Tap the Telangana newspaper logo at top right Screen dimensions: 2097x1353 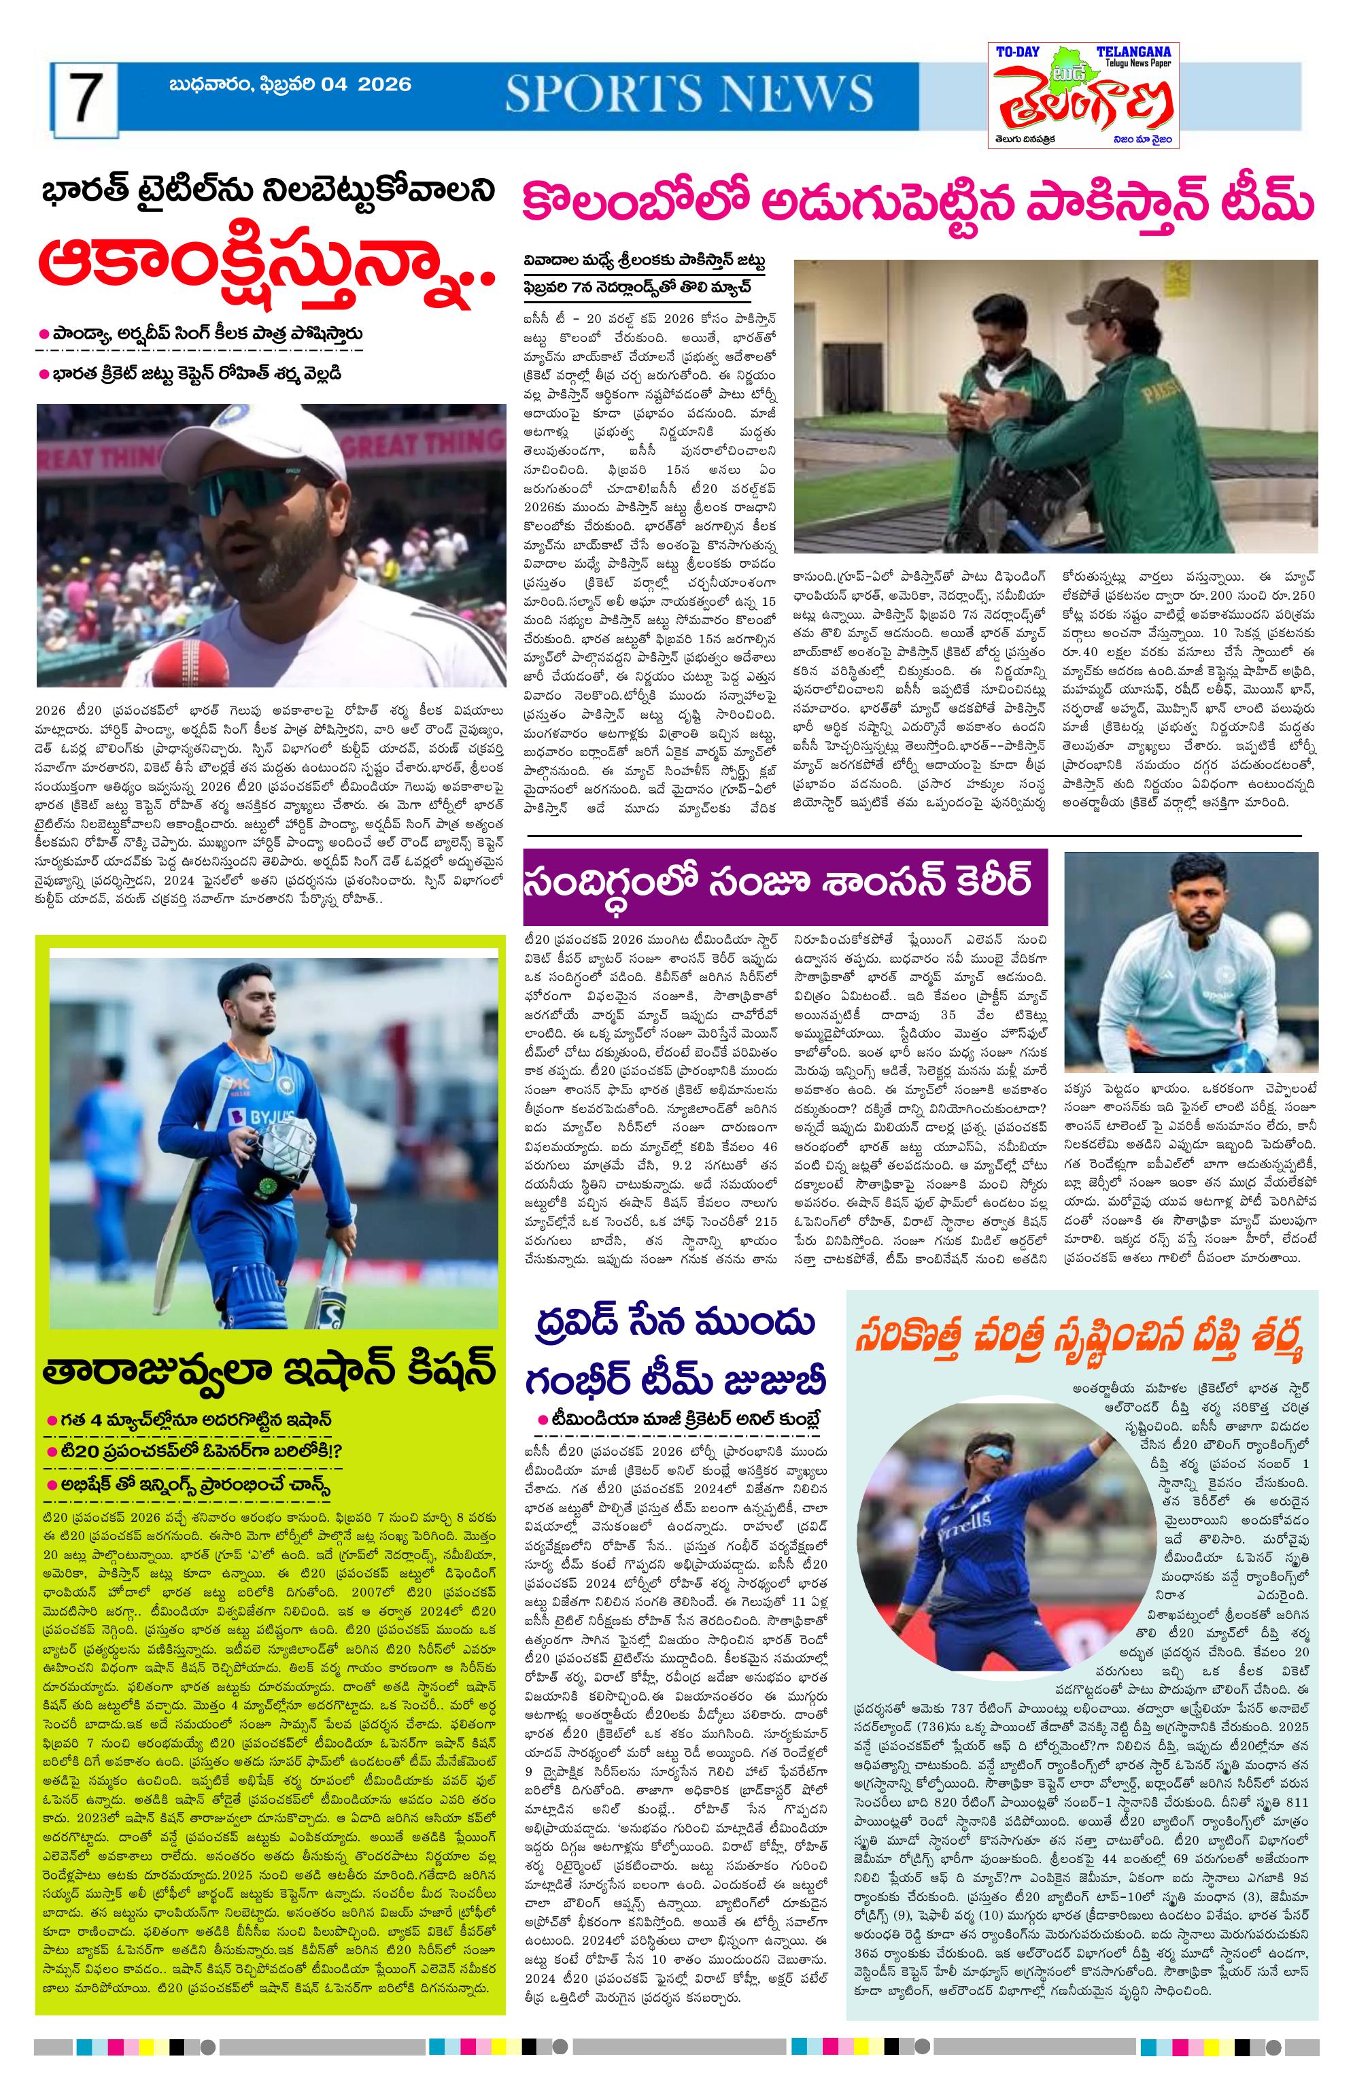pos(1082,95)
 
